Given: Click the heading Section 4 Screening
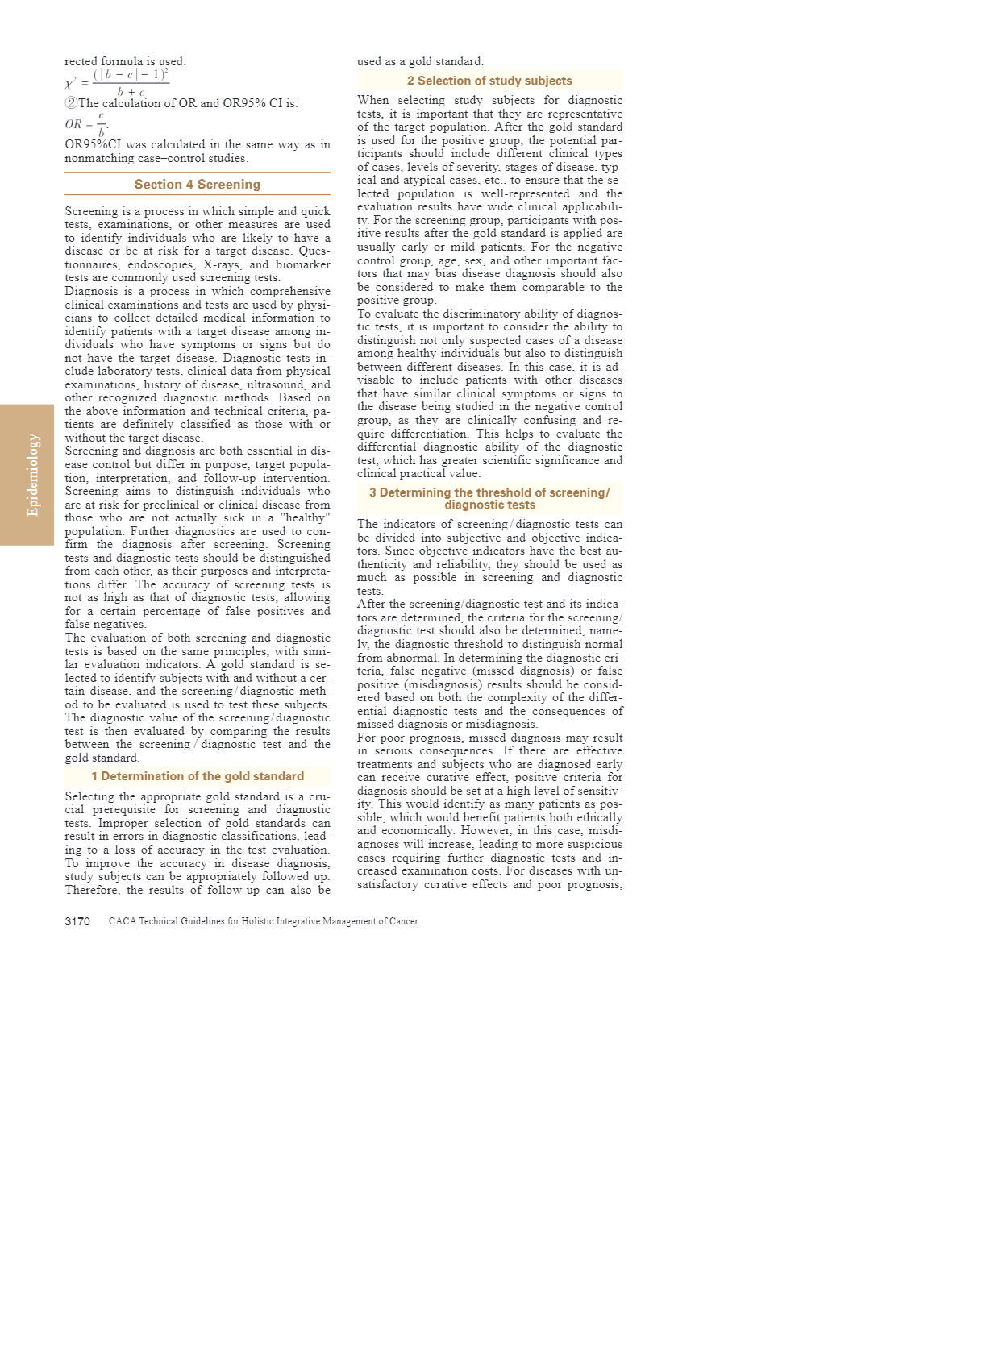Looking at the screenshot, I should pyautogui.click(x=197, y=185).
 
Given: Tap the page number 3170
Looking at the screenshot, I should pyautogui.click(x=77, y=921).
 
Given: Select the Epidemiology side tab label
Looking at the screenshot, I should pyautogui.click(x=33, y=475).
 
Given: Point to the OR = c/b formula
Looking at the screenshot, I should pyautogui.click(x=87, y=124).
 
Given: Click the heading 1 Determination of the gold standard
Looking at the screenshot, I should pyautogui.click(x=198, y=776).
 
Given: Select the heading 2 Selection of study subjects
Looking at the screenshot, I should pyautogui.click(x=489, y=81).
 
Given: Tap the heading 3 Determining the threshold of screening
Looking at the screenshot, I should pyautogui.click(x=489, y=498).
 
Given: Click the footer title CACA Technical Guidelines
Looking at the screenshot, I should pyautogui.click(x=263, y=921).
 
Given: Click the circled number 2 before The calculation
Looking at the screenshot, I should pyautogui.click(x=71, y=103).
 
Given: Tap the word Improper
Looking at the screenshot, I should pyautogui.click(x=122, y=823).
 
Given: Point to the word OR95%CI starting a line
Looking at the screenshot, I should pyautogui.click(x=92, y=145).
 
